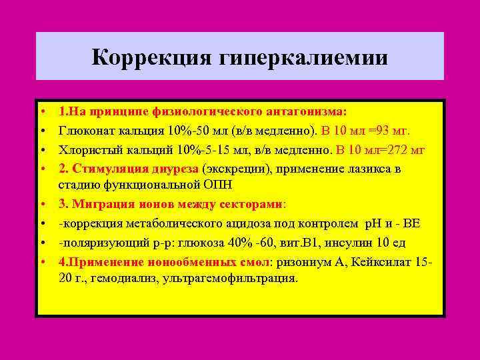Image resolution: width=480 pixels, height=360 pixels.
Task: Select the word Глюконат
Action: (84, 129)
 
